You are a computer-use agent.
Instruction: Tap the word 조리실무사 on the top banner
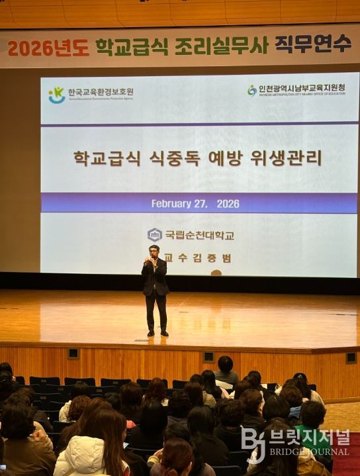click(x=221, y=46)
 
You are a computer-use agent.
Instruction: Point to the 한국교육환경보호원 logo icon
click(x=57, y=95)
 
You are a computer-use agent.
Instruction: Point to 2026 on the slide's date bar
click(x=228, y=204)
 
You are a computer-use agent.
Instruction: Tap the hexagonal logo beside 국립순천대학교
click(x=155, y=234)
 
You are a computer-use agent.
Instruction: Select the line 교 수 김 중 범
click(x=198, y=258)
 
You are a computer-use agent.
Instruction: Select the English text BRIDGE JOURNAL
click(x=309, y=452)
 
